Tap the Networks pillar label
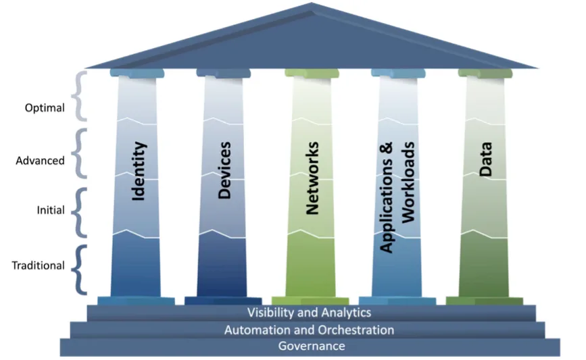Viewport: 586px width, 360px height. (312, 178)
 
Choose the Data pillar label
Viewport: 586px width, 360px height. (485, 159)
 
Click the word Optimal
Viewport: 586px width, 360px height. (45, 107)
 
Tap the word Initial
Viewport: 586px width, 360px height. (51, 210)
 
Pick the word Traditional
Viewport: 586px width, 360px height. (38, 265)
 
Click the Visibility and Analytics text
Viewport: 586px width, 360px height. (309, 313)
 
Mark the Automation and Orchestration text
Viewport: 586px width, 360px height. (309, 330)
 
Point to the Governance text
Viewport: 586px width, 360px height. (312, 346)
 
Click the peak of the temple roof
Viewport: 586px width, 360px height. (312, 5)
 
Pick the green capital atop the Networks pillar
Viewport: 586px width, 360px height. (312, 73)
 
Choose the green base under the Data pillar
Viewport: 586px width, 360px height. (484, 301)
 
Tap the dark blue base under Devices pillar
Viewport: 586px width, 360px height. (223, 301)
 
